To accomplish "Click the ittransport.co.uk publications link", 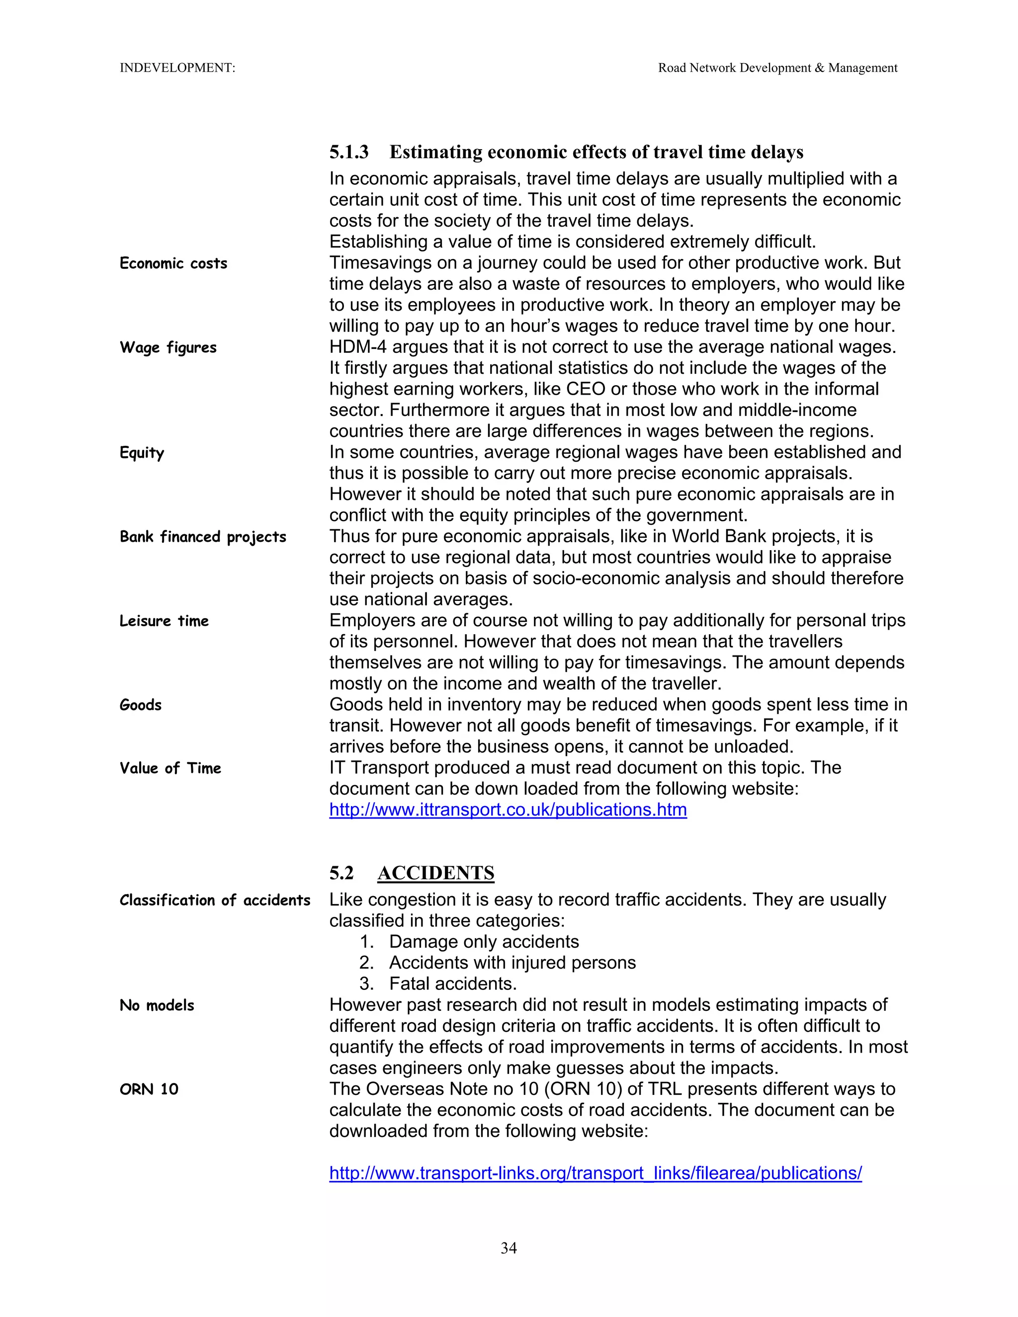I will [508, 810].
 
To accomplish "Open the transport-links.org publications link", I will [595, 1173].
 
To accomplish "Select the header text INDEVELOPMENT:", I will [177, 68].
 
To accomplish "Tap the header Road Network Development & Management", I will [777, 68].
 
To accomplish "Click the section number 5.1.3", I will [348, 152].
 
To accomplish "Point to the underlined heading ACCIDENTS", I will [435, 873].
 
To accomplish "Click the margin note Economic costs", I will [173, 263].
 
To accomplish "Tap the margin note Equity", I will [142, 453].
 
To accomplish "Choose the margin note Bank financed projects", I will [203, 537].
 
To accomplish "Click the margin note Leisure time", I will [164, 621].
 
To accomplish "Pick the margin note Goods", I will [141, 705].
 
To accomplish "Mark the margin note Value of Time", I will [170, 768].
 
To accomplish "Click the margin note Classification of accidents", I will [215, 901].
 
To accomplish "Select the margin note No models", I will [157, 1005].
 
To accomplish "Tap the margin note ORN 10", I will [149, 1089].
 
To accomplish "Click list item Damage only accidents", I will [484, 942].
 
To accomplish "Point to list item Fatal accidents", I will [452, 984].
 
